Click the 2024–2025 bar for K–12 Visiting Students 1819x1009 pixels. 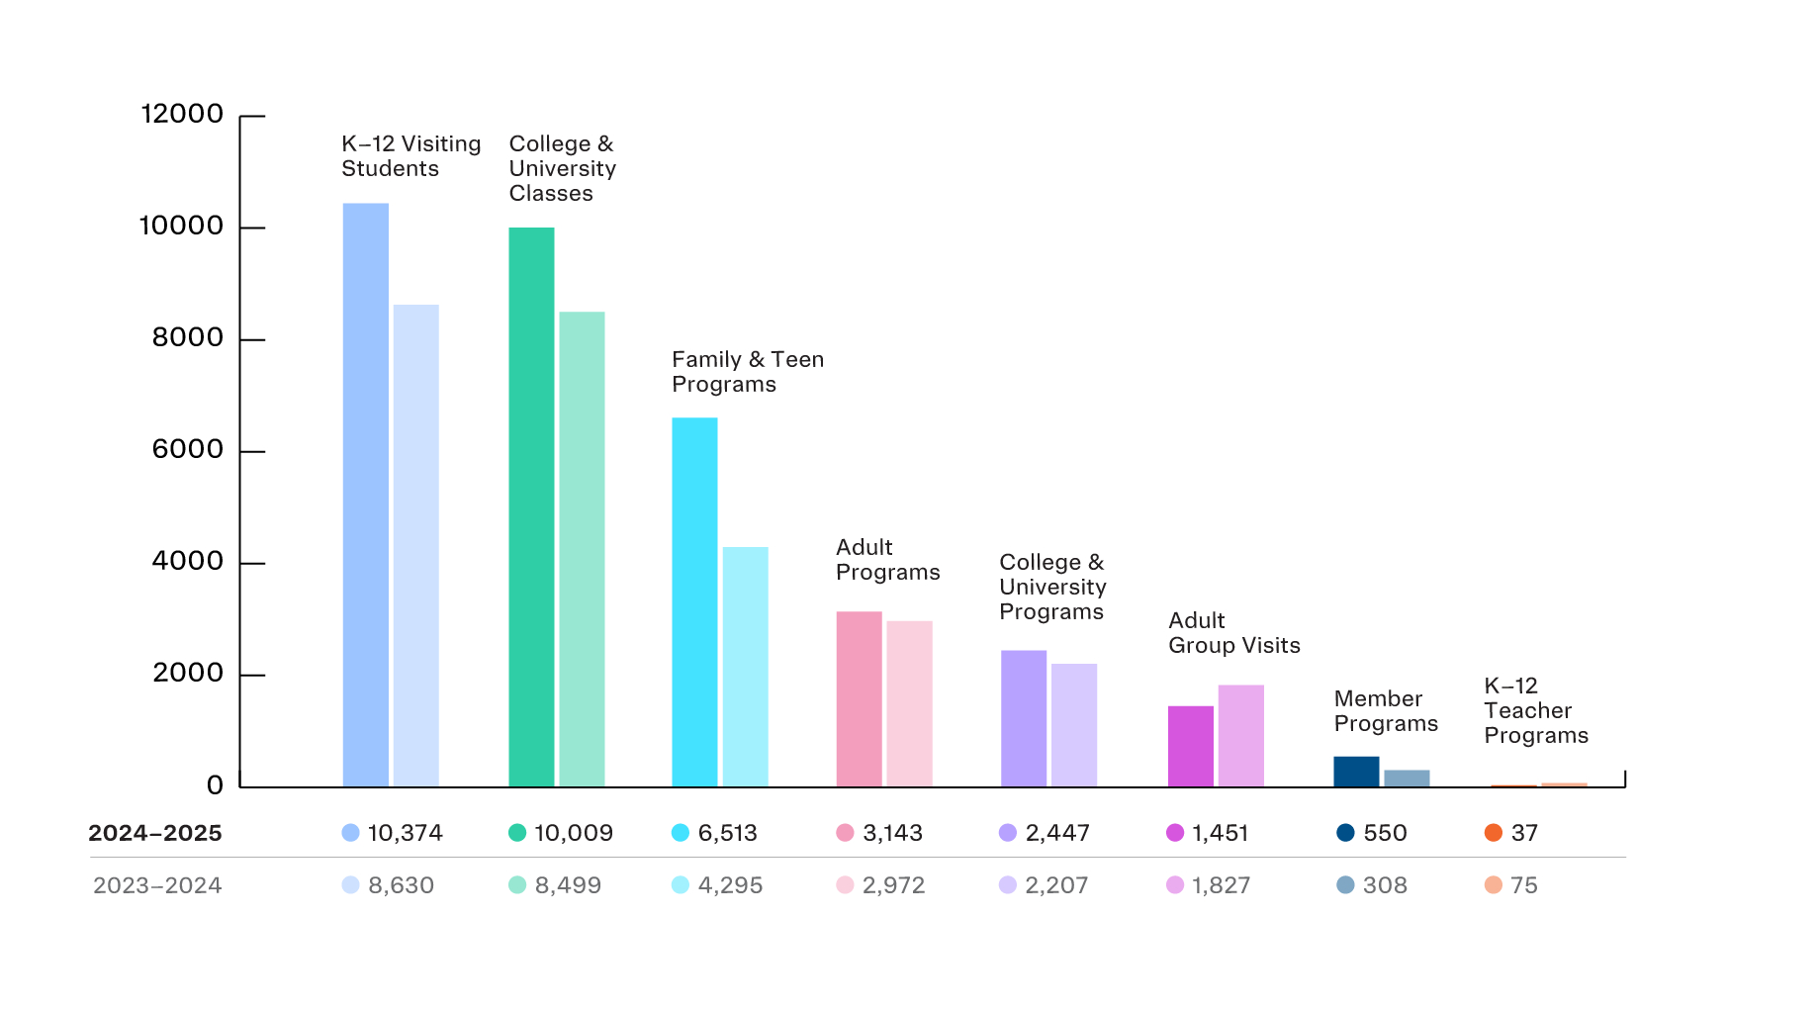tap(365, 495)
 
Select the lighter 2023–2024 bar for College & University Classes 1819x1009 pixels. tap(582, 549)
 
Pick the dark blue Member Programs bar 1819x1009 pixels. tap(1356, 772)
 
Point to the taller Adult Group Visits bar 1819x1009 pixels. tap(1240, 736)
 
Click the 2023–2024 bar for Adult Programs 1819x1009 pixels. tap(909, 703)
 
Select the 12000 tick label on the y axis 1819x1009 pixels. tap(182, 114)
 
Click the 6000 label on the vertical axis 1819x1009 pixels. tap(188, 449)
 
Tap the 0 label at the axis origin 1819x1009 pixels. tap(215, 785)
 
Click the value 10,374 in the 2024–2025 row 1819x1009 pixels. tap(405, 833)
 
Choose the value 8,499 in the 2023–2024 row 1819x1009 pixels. tap(568, 885)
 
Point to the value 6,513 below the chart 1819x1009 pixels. tap(727, 833)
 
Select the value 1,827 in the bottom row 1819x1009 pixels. tap(1221, 885)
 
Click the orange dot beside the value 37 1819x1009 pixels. tap(1493, 833)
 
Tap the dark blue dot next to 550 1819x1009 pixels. tap(1345, 833)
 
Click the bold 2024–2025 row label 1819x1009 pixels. tap(155, 833)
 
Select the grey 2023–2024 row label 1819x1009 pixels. tap(157, 885)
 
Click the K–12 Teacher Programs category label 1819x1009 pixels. tap(1535, 710)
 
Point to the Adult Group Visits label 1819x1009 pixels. tap(1233, 633)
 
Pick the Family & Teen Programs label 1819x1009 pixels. tap(747, 372)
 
